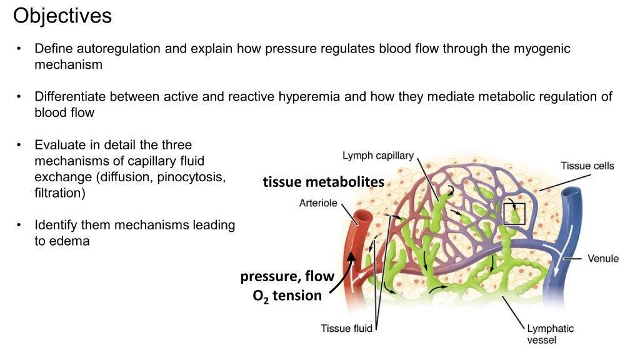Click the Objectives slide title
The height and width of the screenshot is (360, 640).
[62, 16]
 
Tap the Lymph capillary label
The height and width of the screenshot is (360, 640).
[377, 155]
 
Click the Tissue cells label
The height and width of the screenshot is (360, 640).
[587, 166]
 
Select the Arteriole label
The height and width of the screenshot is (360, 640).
[318, 202]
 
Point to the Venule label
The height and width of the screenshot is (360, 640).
[603, 258]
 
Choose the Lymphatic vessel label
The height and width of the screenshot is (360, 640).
[550, 334]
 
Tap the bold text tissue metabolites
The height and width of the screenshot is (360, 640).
[323, 182]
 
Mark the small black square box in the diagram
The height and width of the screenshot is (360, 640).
[515, 213]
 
